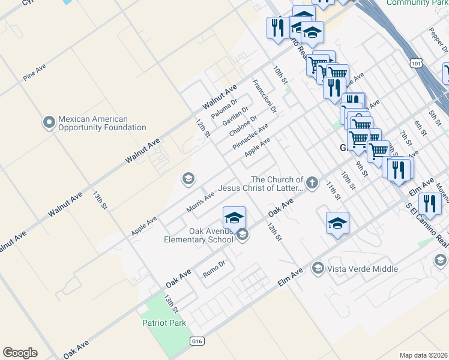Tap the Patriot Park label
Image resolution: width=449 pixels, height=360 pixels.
pyautogui.click(x=164, y=323)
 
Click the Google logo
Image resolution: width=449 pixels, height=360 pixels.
pyautogui.click(x=20, y=353)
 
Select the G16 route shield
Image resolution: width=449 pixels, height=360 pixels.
pyautogui.click(x=196, y=341)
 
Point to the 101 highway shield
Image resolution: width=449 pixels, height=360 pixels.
pyautogui.click(x=417, y=62)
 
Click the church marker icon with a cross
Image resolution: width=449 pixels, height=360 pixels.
pyautogui.click(x=312, y=182)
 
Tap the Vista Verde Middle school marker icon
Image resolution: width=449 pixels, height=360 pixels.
pyautogui.click(x=318, y=268)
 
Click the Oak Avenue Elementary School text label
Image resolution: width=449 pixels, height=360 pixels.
pyautogui.click(x=199, y=235)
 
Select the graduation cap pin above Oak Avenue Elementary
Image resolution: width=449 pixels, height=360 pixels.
pyautogui.click(x=235, y=217)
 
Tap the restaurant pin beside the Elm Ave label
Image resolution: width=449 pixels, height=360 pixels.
pyautogui.click(x=429, y=203)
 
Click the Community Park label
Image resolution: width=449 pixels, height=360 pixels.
pyautogui.click(x=417, y=3)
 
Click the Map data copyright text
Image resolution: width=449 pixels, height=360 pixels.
pyautogui.click(x=423, y=355)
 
